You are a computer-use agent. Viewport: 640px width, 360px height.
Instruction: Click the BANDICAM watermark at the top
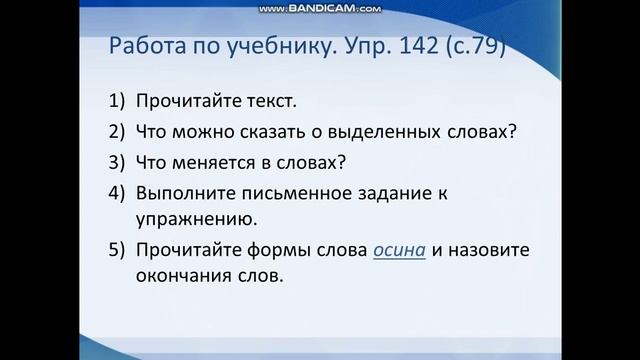[x=320, y=8]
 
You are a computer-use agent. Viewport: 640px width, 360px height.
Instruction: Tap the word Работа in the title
[x=143, y=48]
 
